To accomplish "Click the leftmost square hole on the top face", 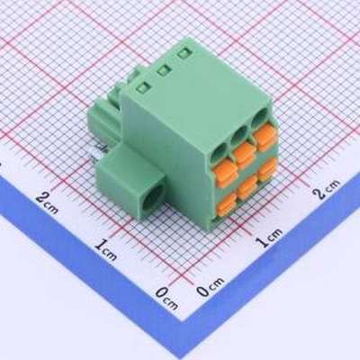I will (142, 87).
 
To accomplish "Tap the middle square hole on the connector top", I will (163, 69).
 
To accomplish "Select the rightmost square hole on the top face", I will (184, 53).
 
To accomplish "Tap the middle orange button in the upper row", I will (244, 154).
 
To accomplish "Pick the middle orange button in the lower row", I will (245, 188).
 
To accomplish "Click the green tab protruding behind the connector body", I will (104, 117).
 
